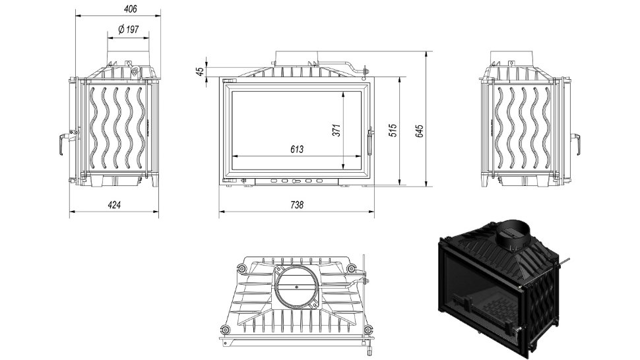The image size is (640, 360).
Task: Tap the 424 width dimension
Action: point(114,204)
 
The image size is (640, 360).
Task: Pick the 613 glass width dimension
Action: point(297,150)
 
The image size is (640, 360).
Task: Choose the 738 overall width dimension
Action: point(297,204)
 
